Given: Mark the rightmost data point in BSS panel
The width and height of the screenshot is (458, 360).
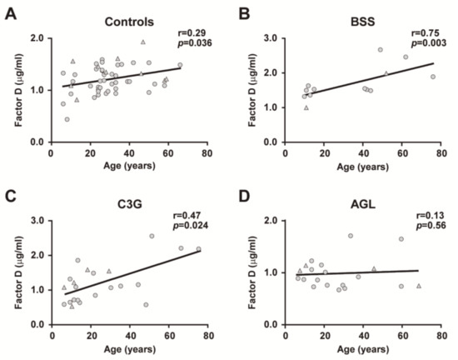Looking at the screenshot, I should click(432, 77).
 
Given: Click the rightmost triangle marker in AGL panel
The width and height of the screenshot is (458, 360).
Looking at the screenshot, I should click(419, 286).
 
